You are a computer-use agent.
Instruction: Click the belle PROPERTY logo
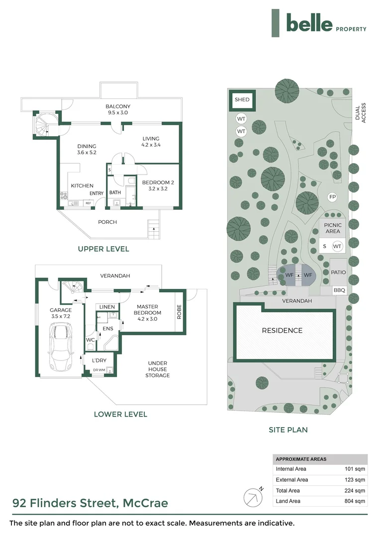319,23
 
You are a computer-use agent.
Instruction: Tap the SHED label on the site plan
242,99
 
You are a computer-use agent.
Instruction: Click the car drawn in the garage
61,347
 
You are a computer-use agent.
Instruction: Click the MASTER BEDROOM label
147,310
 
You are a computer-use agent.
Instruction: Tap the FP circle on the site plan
332,197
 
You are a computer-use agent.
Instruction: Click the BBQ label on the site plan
339,290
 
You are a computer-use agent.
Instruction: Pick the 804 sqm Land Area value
355,501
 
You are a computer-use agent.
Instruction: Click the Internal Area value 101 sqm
355,469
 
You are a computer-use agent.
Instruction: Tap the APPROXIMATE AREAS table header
301,459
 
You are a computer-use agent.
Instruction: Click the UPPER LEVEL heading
103,249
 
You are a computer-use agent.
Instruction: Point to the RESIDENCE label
282,331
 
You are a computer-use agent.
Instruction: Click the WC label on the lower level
90,340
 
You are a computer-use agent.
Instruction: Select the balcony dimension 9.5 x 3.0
118,112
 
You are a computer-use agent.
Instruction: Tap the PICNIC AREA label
333,228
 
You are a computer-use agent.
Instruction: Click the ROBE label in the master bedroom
179,312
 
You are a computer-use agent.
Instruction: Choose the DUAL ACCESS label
361,113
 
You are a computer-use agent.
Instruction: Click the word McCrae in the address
145,503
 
